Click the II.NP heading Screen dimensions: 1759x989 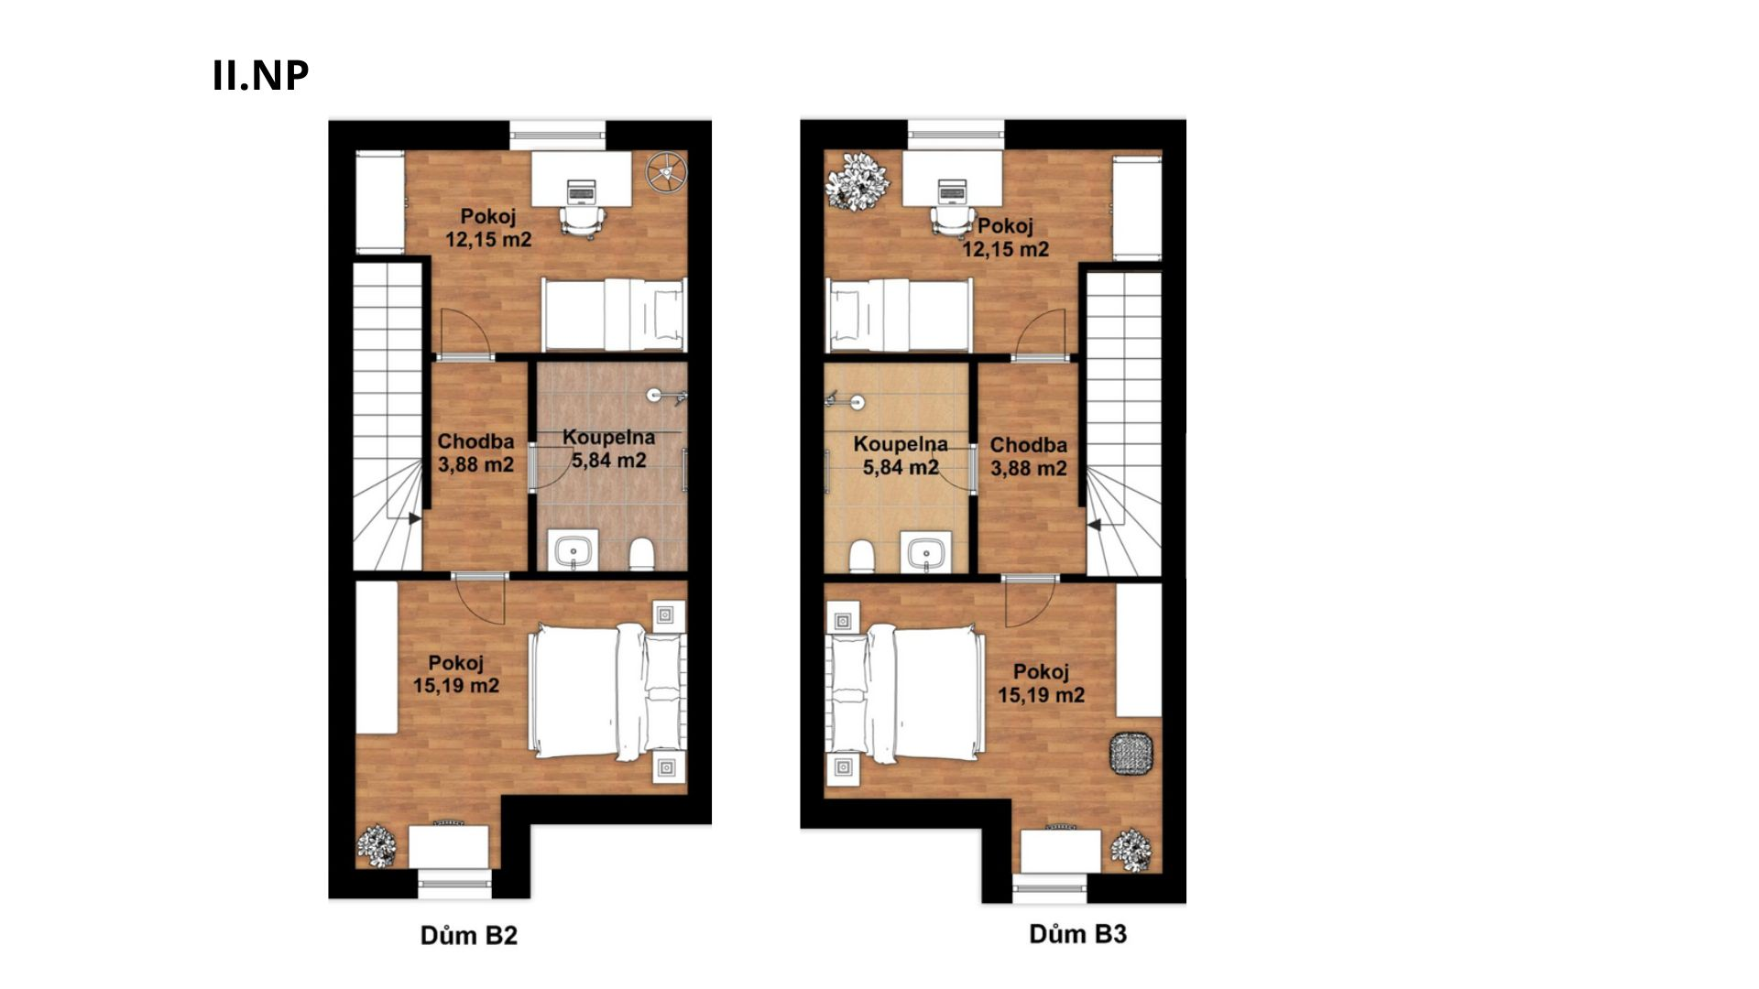tap(260, 75)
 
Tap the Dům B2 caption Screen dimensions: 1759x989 tap(469, 935)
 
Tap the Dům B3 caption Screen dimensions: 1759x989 tap(1078, 933)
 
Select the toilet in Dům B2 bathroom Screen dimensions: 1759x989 tap(641, 553)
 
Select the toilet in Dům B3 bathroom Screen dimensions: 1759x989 tap(861, 556)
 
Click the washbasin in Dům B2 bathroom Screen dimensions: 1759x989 tap(574, 550)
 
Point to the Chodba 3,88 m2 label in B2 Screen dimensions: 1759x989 tap(475, 453)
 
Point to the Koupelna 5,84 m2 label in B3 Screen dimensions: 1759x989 tap(901, 456)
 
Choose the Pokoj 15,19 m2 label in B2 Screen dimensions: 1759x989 tap(456, 674)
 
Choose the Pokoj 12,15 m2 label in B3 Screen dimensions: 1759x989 tap(1005, 237)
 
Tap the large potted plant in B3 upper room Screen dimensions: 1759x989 tap(858, 181)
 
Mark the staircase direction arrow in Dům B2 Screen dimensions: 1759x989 tap(414, 518)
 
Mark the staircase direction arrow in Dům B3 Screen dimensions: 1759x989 tap(1094, 526)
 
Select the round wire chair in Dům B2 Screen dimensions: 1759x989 tap(666, 172)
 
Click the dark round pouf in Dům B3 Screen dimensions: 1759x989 tap(1131, 755)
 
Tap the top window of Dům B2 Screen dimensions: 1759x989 tap(557, 135)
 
